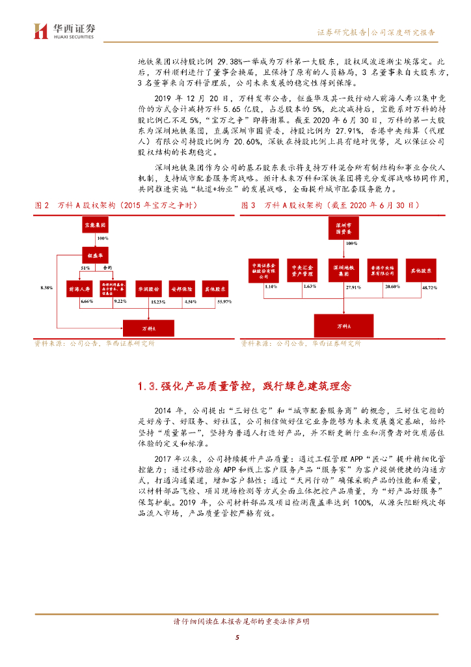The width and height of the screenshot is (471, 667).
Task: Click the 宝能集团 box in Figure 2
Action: tap(94, 224)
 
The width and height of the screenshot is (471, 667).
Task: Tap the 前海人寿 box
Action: tap(80, 289)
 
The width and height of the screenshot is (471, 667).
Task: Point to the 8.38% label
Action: tap(45, 287)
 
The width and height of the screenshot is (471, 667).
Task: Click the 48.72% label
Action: tap(429, 287)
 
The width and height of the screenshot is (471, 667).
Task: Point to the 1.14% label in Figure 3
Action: tap(271, 286)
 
